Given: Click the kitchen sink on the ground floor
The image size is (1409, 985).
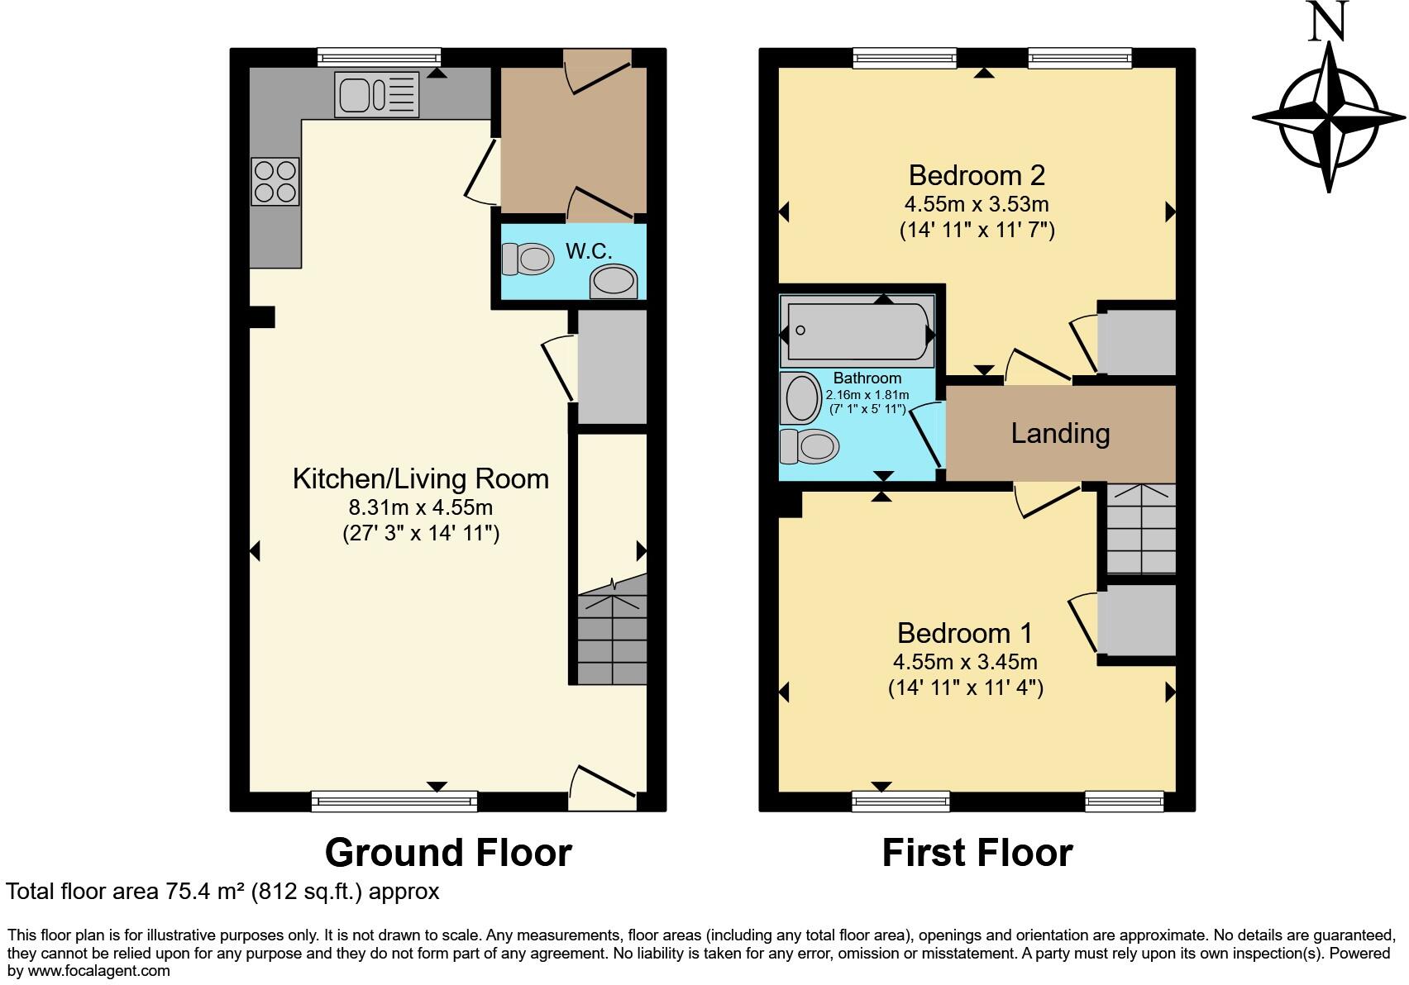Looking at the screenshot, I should (x=377, y=93).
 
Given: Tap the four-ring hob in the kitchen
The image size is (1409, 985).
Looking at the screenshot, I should (x=275, y=181).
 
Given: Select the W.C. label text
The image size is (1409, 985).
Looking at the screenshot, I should (x=589, y=251).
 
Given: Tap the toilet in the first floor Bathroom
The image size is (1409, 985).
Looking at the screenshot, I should (x=810, y=446).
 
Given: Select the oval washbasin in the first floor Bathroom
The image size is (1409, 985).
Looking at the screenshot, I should (x=802, y=398).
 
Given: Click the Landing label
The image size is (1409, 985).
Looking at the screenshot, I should (x=1060, y=433).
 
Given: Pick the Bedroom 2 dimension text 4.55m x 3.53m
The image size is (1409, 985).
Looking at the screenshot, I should (x=977, y=204).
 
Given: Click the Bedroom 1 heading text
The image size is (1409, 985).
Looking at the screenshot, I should (x=964, y=633).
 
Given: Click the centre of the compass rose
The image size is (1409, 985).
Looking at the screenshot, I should (x=1329, y=117).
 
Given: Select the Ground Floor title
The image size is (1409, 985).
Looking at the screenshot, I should (x=448, y=853).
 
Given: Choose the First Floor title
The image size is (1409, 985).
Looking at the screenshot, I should (x=977, y=853).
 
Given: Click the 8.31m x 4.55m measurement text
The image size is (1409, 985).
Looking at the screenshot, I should (x=421, y=507).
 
